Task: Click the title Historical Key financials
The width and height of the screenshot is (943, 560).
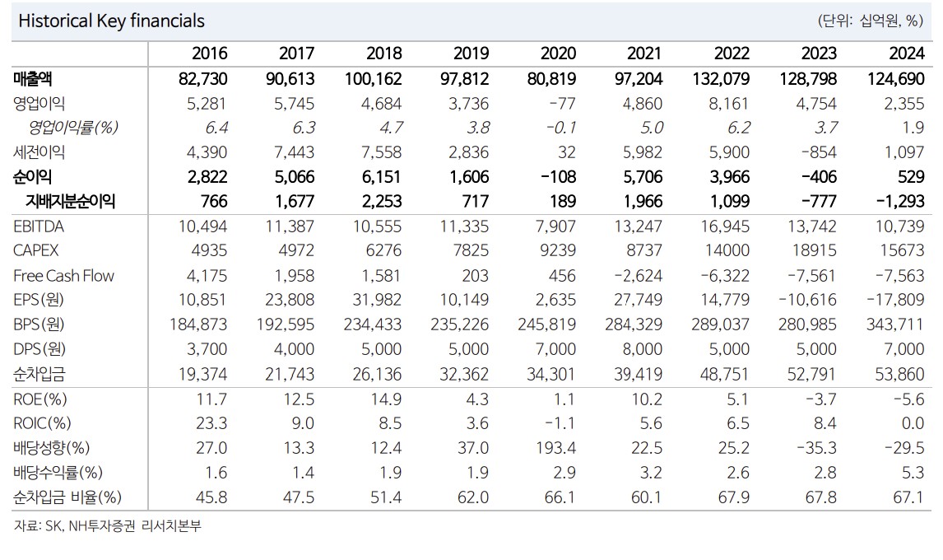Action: tap(111, 21)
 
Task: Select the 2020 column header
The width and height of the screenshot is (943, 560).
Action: tap(558, 54)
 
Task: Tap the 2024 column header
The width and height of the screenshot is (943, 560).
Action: tap(907, 54)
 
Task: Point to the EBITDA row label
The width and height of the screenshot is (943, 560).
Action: tap(39, 226)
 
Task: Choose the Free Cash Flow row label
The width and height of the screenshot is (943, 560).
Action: tap(63, 276)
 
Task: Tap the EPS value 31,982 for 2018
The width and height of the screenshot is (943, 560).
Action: tap(377, 301)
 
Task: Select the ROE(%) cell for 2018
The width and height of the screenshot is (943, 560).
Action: tap(386, 399)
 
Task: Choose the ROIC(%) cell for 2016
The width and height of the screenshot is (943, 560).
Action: tap(211, 424)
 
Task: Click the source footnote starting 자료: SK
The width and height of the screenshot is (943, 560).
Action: tap(107, 526)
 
